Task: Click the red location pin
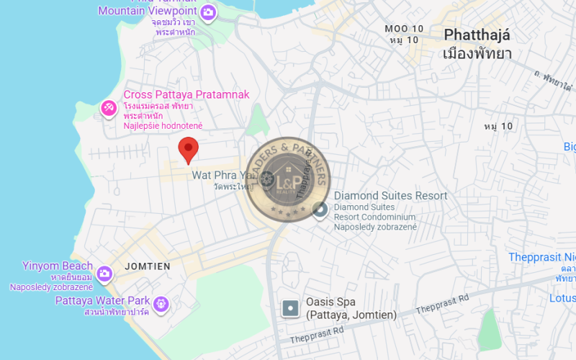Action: [x=189, y=150]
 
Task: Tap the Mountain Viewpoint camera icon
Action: [x=208, y=12]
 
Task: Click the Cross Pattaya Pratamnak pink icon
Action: [x=109, y=108]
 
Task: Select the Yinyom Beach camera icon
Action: [x=104, y=273]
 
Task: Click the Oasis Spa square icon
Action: [x=290, y=308]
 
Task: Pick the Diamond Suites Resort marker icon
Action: [x=320, y=210]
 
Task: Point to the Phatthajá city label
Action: [x=477, y=35]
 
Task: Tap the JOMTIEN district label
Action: [x=148, y=266]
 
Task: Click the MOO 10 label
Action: [x=404, y=29]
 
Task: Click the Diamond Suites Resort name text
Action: [x=390, y=196]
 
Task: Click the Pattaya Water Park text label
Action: [x=102, y=300]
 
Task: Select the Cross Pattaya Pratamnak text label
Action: [x=186, y=94]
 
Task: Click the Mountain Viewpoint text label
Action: [x=147, y=11]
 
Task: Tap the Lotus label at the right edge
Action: [x=562, y=297]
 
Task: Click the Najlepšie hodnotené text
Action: [x=163, y=126]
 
